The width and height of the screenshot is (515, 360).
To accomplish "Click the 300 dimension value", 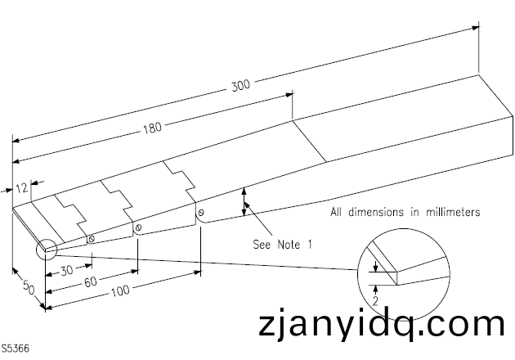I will tap(240, 84).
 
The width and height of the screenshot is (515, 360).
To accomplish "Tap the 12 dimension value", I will tap(22, 187).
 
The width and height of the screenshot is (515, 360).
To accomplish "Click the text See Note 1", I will tap(282, 244).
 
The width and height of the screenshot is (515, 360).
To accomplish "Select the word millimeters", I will tap(450, 211).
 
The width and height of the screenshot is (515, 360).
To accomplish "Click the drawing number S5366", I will tap(16, 348).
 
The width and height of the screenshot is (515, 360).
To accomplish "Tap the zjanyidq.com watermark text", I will tap(380, 325).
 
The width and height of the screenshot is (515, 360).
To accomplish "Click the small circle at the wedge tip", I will tap(45, 247).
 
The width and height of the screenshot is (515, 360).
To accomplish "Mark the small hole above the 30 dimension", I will tap(92, 240).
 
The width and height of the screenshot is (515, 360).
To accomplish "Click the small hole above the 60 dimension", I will tap(138, 227).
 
